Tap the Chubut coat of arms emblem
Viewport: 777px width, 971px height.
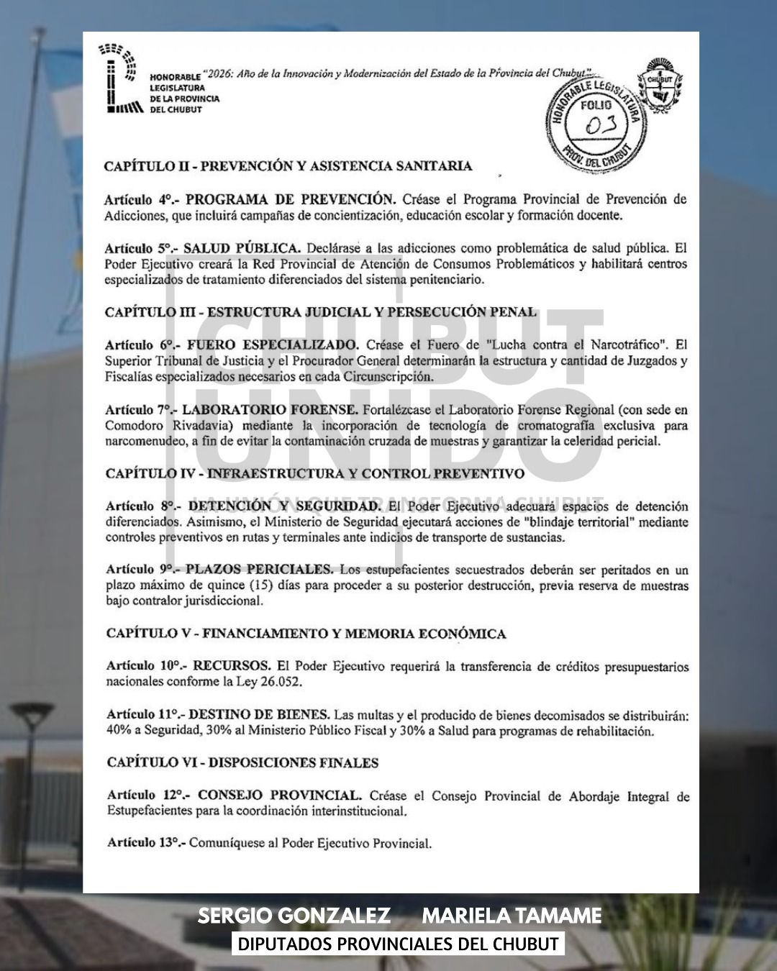tap(658, 91)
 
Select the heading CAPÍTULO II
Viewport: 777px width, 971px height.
tap(288, 166)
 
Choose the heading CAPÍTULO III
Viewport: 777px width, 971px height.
tap(320, 312)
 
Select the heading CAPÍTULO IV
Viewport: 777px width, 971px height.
tap(315, 473)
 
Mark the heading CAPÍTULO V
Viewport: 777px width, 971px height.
tap(306, 634)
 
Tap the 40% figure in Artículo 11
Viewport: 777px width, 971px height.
tap(119, 731)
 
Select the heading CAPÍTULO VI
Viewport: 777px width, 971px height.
tap(242, 762)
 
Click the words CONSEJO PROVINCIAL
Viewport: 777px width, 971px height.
tap(279, 796)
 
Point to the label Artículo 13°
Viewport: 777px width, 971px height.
tap(146, 842)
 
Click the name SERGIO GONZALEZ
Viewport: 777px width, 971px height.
tap(294, 916)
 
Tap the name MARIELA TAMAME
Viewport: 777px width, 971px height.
tap(512, 916)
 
